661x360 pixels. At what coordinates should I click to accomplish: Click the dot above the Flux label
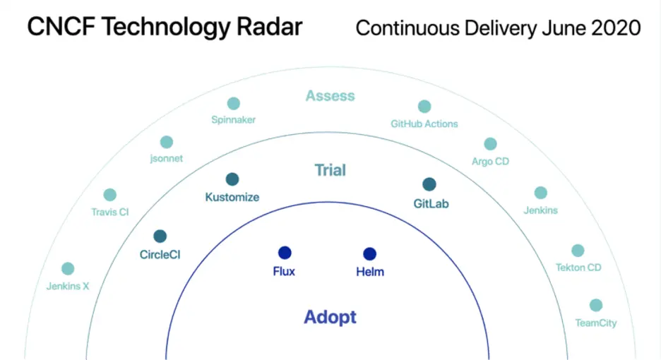coord(285,253)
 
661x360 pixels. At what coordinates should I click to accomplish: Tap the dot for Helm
coord(370,254)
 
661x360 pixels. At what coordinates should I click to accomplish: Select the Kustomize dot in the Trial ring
coord(232,179)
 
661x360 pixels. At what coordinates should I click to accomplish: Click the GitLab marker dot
coord(429,184)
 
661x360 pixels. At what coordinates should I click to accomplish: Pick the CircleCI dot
coord(160,236)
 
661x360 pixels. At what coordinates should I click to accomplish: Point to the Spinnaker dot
coord(234,103)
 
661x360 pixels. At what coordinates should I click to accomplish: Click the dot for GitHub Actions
coord(424,106)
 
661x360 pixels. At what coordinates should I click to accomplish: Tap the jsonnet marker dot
coord(167,142)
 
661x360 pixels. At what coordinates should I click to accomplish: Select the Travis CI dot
coord(110,195)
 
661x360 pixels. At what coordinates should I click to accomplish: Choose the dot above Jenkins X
coord(68,268)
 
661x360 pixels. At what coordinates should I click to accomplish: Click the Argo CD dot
coord(490,144)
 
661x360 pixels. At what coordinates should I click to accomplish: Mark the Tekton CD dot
coord(578,251)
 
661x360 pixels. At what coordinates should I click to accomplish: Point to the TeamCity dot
coord(596,305)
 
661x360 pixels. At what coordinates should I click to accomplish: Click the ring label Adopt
coord(330,317)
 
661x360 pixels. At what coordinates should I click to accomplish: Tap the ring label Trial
coord(330,170)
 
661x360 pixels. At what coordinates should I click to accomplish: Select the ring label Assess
coord(330,96)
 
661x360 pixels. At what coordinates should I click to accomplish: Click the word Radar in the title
coord(269,27)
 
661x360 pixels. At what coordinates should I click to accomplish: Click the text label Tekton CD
coord(578,268)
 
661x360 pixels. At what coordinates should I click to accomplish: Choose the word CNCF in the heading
coord(61,27)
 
